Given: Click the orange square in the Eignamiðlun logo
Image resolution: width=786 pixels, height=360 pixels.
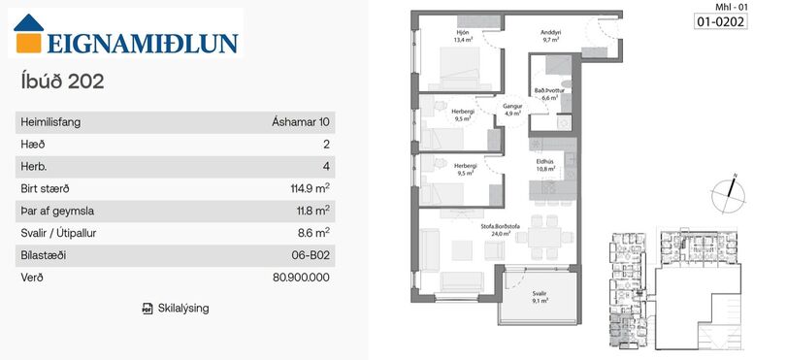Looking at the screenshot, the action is tap(28, 43).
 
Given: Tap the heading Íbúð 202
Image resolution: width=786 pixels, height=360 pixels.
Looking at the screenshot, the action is tap(63, 82).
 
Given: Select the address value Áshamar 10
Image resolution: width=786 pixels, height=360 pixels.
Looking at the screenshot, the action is tap(301, 122).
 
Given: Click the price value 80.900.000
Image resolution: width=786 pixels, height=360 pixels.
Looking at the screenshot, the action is tap(301, 278).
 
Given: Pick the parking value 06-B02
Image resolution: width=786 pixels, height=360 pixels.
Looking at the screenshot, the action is tap(311, 255).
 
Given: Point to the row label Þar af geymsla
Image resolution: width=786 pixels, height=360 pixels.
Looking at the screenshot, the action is tap(57, 212).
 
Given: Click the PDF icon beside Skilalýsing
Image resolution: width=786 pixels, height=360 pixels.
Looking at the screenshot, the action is tap(147, 309).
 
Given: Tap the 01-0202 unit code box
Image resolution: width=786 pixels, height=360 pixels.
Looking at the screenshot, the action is tap(721, 21).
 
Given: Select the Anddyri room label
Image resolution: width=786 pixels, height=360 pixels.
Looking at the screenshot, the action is tap(550, 34).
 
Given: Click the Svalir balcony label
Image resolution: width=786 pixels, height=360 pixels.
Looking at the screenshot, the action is tap(540, 294).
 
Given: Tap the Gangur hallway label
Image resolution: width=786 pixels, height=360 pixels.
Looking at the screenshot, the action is tap(510, 107).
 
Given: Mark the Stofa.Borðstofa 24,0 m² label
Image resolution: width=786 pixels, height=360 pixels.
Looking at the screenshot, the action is tap(501, 230).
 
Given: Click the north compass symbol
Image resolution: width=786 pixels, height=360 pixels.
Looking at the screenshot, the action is tap(728, 193).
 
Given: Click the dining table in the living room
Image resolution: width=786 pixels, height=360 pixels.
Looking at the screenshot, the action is tap(544, 237).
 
